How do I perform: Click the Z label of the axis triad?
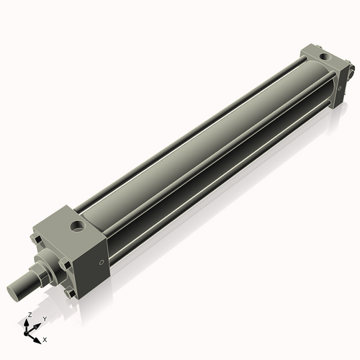[x=30, y=315]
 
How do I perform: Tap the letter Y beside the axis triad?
[x=45, y=319]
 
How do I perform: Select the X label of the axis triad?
[x=45, y=340]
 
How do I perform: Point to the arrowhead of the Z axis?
[x=27, y=322]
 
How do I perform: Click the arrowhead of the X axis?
[x=37, y=341]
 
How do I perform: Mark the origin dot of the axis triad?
[x=25, y=334]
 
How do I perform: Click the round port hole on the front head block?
[x=77, y=225]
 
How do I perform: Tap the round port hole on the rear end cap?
[x=325, y=57]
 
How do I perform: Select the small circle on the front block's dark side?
[x=102, y=263]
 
